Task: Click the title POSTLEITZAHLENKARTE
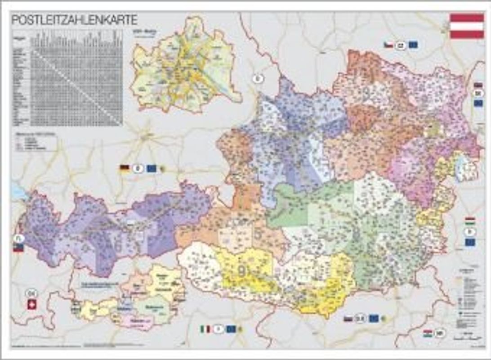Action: click(74, 20)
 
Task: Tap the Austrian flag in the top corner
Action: click(467, 26)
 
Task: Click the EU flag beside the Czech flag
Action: click(413, 45)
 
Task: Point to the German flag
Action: click(125, 168)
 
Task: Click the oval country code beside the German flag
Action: click(138, 169)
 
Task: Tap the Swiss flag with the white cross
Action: click(31, 305)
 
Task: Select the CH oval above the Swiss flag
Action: click(31, 292)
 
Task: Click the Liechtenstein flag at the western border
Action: click(18, 247)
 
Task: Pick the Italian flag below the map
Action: click(205, 329)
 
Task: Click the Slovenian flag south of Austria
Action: click(348, 319)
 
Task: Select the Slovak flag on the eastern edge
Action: click(478, 85)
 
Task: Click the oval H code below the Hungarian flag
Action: click(469, 232)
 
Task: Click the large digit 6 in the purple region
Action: click(118, 247)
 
